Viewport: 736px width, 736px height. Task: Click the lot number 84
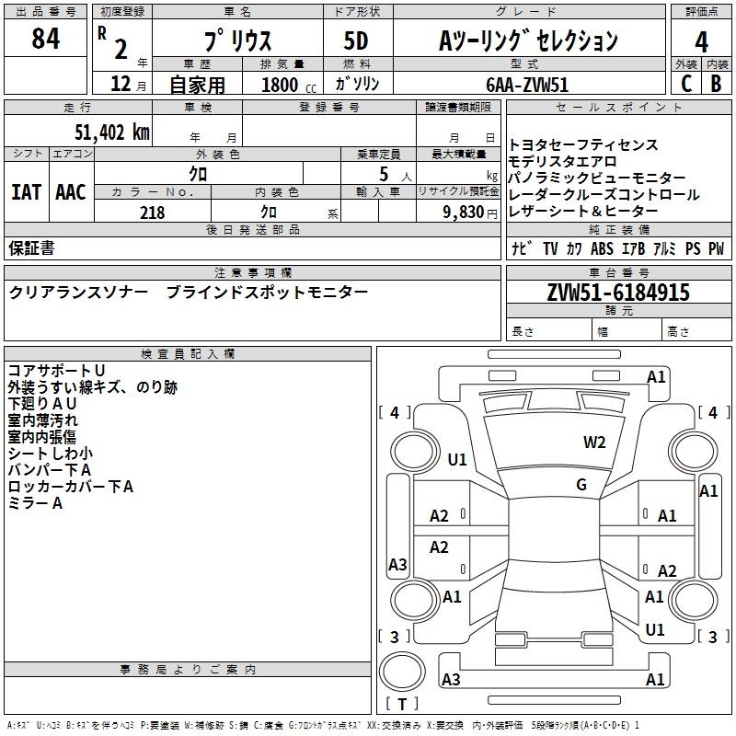coord(45,39)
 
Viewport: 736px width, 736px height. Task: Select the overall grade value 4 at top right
coord(701,42)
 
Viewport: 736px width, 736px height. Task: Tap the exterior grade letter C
coord(686,84)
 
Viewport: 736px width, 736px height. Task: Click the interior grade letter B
coord(716,84)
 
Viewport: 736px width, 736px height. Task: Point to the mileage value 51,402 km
coord(112,132)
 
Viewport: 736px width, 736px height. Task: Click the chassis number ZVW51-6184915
coord(618,293)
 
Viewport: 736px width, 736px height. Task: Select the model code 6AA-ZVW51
coord(527,85)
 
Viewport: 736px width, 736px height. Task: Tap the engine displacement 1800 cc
coord(289,85)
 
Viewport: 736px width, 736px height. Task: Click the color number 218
coord(152,213)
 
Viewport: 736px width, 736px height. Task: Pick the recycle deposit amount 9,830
coord(464,213)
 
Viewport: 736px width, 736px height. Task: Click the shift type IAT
coord(27,192)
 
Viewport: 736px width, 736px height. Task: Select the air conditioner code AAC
coord(71,192)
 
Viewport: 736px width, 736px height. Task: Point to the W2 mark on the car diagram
coord(594,442)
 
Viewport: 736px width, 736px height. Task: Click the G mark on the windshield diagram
coord(581,485)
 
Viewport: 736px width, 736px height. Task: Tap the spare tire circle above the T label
coord(402,672)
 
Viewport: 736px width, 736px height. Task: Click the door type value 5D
coord(356,40)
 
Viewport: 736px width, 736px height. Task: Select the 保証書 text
coord(31,247)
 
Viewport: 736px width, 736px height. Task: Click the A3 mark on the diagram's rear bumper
coord(451,679)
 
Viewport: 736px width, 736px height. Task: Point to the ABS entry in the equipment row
coord(602,248)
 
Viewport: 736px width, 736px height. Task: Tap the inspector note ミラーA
coord(35,503)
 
